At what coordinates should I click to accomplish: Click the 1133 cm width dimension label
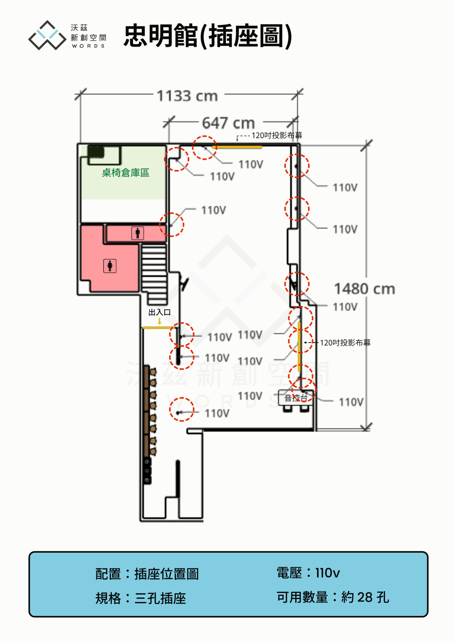[187, 96]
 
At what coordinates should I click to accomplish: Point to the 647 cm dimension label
[229, 123]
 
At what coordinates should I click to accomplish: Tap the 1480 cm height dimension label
[365, 289]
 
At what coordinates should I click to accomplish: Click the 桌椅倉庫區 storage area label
[125, 173]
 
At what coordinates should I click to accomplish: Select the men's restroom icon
[138, 233]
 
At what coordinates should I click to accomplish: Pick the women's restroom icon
[110, 266]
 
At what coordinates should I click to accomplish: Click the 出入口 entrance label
[160, 312]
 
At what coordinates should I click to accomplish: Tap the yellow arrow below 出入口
[160, 321]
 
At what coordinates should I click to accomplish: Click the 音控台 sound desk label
[296, 398]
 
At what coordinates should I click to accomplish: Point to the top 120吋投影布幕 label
[277, 135]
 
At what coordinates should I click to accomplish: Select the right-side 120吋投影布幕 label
[345, 343]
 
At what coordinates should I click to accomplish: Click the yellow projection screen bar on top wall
[237, 147]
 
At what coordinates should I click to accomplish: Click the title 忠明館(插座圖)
[208, 36]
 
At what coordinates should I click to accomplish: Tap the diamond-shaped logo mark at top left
[47, 35]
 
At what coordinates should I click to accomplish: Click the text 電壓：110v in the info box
[308, 573]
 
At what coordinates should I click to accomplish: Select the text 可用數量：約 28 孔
[333, 597]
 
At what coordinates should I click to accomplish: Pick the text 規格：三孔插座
[141, 598]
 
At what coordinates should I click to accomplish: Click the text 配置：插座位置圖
[147, 574]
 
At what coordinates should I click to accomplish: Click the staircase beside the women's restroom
[154, 274]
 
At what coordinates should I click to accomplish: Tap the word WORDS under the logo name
[88, 46]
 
